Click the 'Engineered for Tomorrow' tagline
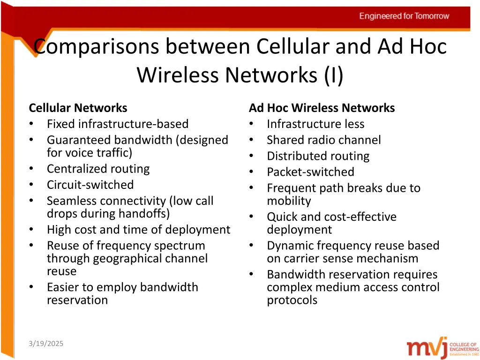[404, 16]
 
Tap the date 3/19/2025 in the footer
[45, 344]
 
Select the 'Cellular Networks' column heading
[78, 108]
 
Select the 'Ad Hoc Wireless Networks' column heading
[322, 108]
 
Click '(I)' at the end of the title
[333, 75]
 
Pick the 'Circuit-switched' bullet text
[90, 185]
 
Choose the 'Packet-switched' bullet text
[310, 172]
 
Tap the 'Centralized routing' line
[98, 169]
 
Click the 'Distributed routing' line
[318, 156]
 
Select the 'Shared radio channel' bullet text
[323, 140]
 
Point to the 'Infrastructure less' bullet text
[315, 124]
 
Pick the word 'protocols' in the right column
[292, 300]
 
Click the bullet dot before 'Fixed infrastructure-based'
[31, 124]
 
